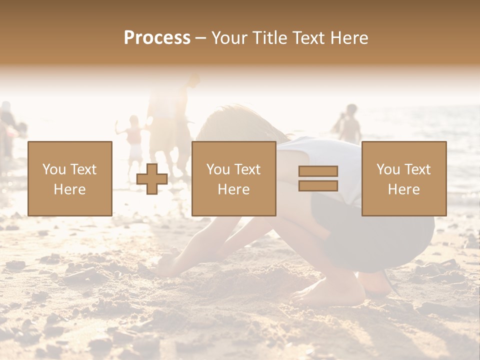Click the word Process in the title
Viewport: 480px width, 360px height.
coord(157,38)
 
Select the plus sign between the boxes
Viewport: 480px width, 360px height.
coord(152,179)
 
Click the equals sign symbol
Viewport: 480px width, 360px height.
coord(318,178)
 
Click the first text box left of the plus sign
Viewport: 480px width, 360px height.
coord(70,178)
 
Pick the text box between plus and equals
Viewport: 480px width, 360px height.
coord(233,178)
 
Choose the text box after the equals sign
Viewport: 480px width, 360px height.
coord(403,178)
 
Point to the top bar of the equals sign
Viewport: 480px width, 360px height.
coord(318,171)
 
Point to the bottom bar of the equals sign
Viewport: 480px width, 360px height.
coord(318,185)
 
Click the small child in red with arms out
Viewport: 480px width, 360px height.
coord(133,137)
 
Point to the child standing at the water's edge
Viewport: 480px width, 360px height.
coord(349,125)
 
